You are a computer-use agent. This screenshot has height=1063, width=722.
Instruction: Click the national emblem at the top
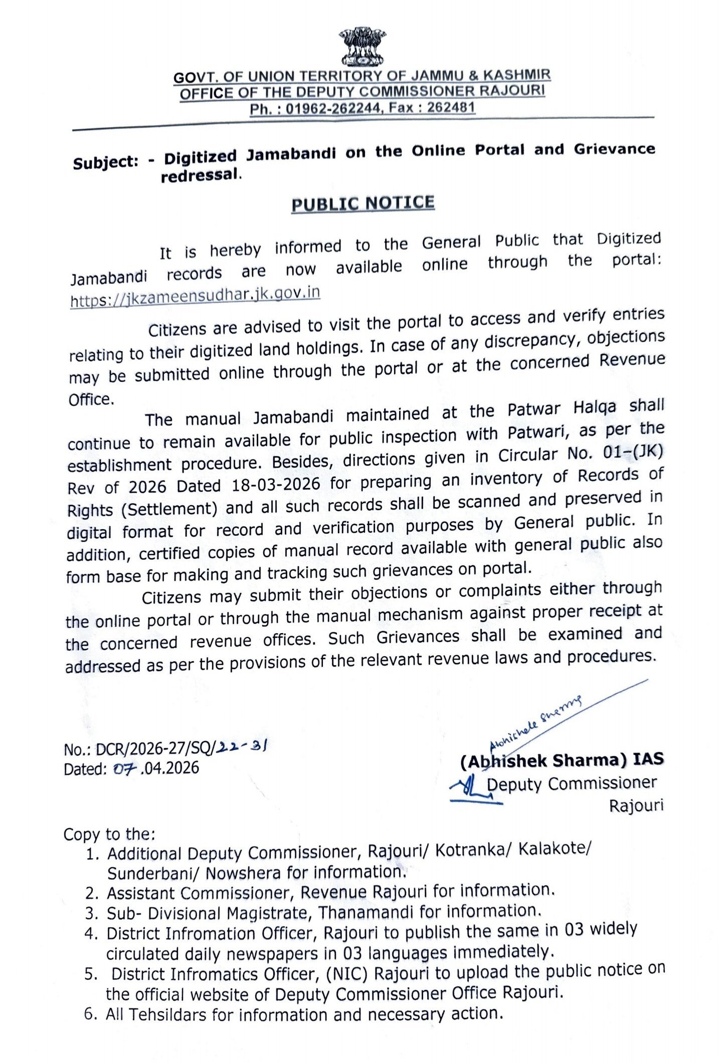362,48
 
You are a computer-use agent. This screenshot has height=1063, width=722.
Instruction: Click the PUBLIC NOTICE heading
363,203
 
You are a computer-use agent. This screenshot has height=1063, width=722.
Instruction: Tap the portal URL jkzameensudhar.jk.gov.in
195,296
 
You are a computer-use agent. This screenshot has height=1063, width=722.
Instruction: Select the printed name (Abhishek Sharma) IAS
562,760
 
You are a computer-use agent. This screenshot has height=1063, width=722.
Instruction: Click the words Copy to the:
109,834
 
